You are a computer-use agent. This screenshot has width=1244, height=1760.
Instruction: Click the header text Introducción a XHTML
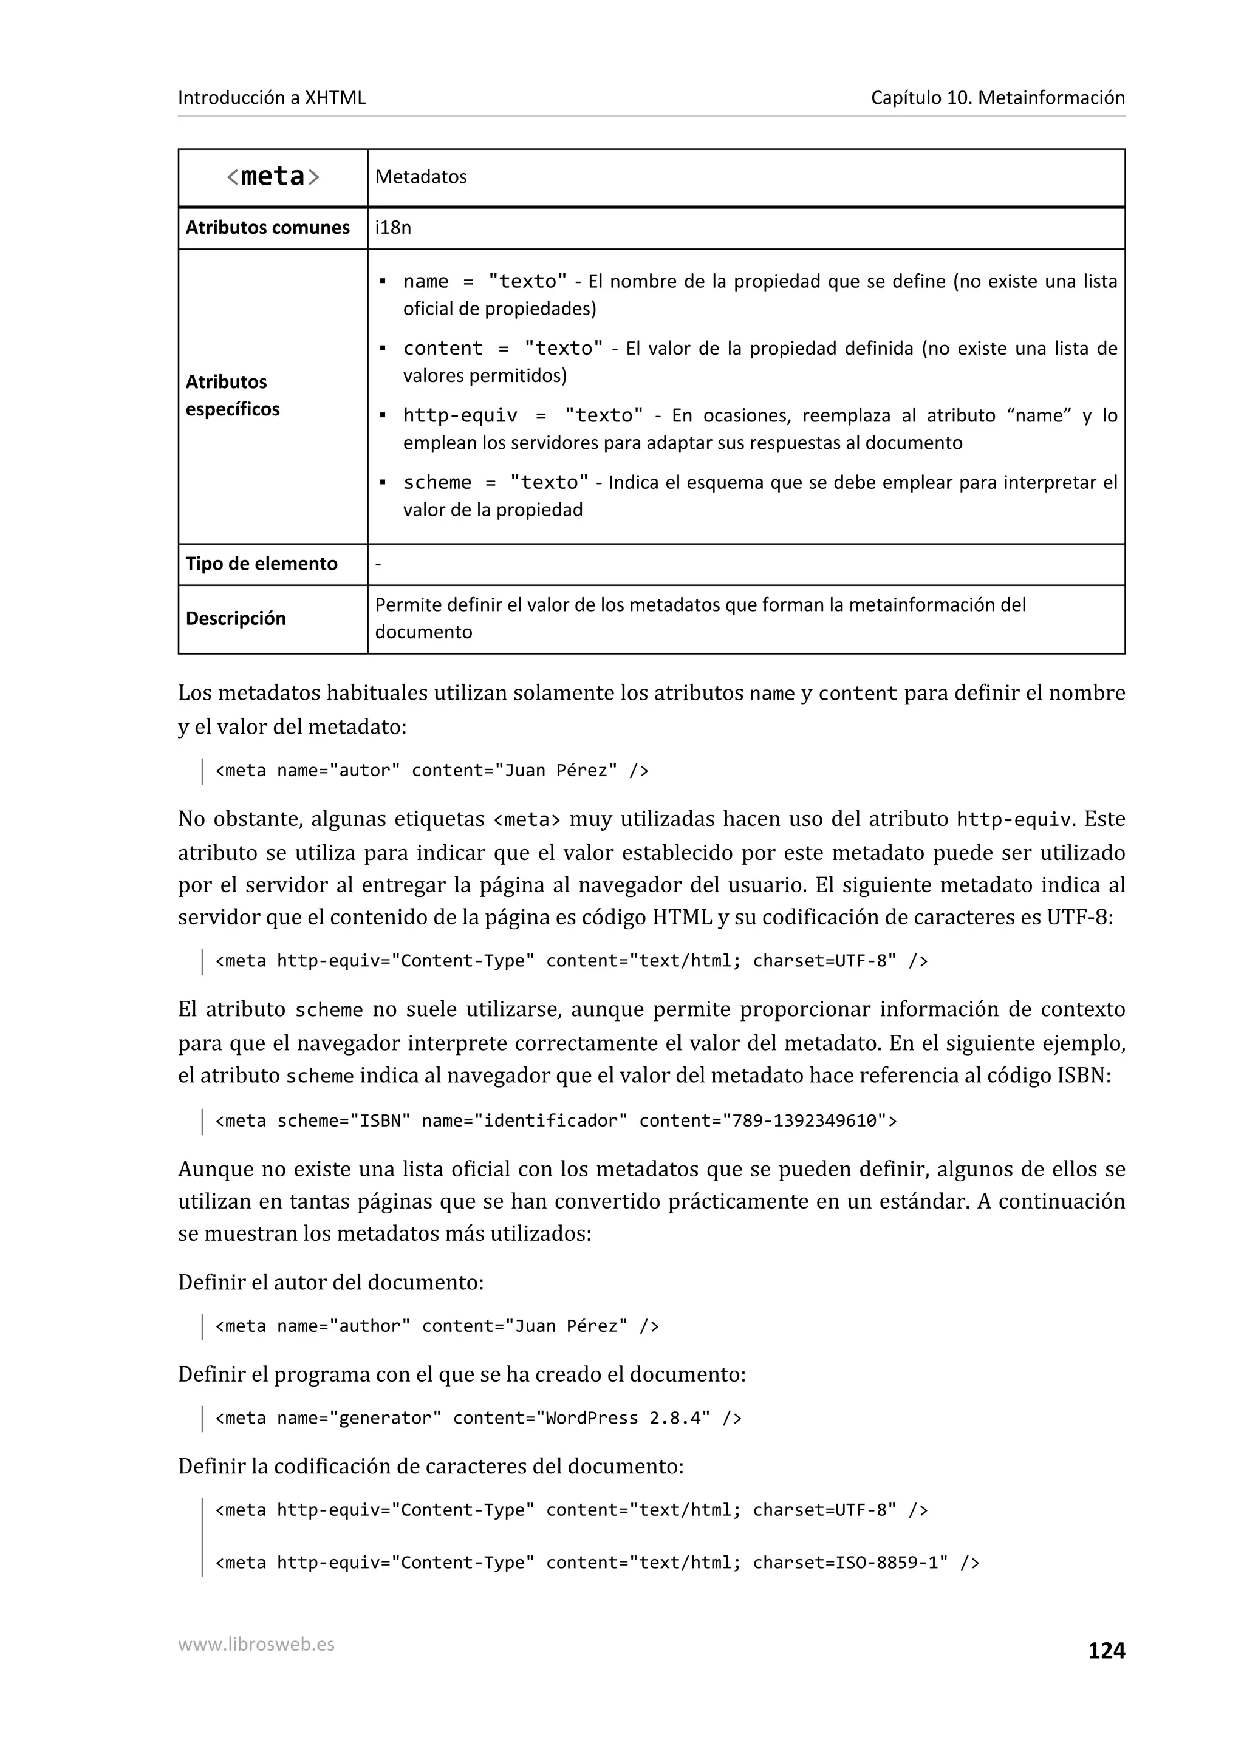tap(272, 97)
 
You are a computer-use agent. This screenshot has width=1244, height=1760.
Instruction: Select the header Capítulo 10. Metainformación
tap(997, 97)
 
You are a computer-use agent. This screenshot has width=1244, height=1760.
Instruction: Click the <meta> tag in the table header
tap(273, 177)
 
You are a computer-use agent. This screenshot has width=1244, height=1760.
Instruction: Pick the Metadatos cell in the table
tap(421, 177)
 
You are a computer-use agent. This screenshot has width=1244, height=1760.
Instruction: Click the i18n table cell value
tap(392, 228)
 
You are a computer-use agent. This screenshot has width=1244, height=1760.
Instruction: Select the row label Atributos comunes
tap(267, 228)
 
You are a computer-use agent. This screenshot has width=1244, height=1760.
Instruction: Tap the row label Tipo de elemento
tap(261, 564)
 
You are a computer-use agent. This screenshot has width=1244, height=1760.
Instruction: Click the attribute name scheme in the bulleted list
tap(437, 482)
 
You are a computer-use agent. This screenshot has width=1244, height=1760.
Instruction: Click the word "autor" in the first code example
tap(365, 771)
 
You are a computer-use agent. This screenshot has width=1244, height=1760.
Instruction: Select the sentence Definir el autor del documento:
tap(330, 1283)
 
